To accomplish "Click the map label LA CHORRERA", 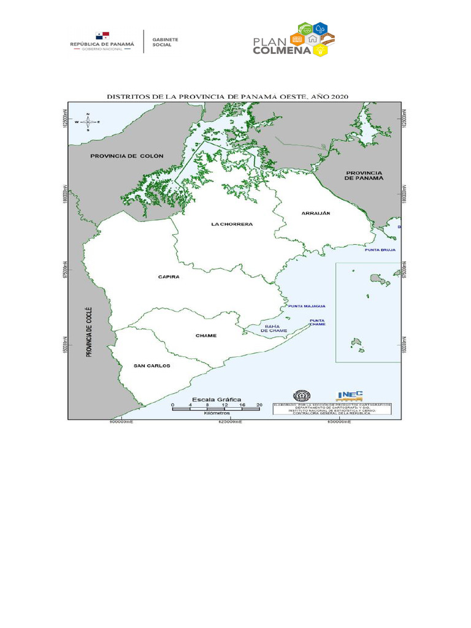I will pyautogui.click(x=232, y=224).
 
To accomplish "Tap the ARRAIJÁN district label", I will pyautogui.click(x=316, y=213).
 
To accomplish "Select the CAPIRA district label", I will pyautogui.click(x=169, y=277).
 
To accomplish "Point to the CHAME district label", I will pyautogui.click(x=206, y=335).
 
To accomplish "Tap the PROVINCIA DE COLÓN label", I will pyautogui.click(x=127, y=156).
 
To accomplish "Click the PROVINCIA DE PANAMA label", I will pyautogui.click(x=364, y=175).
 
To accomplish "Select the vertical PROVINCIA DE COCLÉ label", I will pyautogui.click(x=88, y=332).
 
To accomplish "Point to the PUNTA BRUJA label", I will pyautogui.click(x=380, y=250).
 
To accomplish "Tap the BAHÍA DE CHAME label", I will pyautogui.click(x=274, y=328).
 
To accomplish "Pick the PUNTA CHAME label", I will pyautogui.click(x=317, y=322).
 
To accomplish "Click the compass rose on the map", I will pyautogui.click(x=88, y=122).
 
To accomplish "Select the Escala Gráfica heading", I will pyautogui.click(x=218, y=399).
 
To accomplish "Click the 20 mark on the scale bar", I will pyautogui.click(x=259, y=405).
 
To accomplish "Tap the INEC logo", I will pyautogui.click(x=350, y=396).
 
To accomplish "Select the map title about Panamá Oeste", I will pyautogui.click(x=228, y=97).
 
